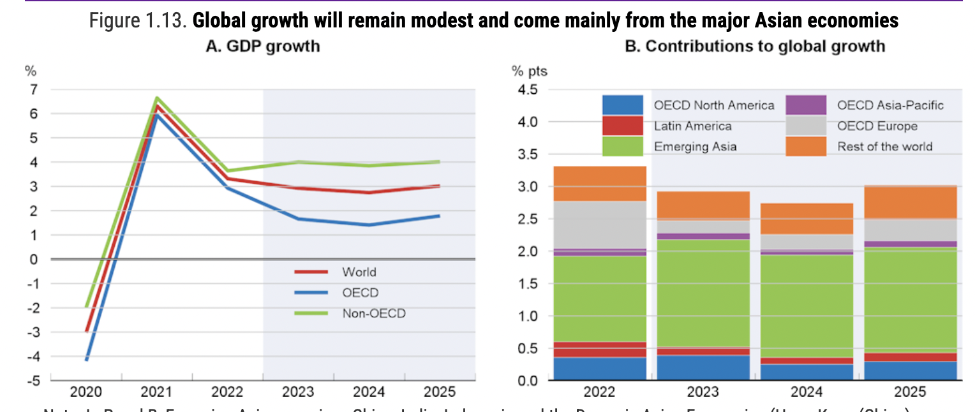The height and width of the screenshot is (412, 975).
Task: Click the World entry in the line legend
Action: coord(359,272)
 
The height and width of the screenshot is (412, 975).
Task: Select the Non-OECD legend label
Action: coord(373,313)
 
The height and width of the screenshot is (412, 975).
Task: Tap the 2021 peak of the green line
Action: coord(156,98)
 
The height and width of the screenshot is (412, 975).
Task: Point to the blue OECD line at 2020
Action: coord(86,360)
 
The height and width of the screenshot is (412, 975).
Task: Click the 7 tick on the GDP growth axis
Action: coord(31,89)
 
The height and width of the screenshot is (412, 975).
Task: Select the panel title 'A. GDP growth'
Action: coord(262,46)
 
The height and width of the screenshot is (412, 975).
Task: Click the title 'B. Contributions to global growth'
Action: coord(755,46)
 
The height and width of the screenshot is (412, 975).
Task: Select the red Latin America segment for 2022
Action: coord(599,349)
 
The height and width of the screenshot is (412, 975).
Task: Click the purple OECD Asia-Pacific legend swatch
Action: coord(806,105)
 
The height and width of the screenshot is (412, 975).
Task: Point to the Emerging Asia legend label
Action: coord(695,147)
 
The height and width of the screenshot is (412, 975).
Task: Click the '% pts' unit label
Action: coord(529,71)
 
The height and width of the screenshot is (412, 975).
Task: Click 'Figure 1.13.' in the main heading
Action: coord(138,21)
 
